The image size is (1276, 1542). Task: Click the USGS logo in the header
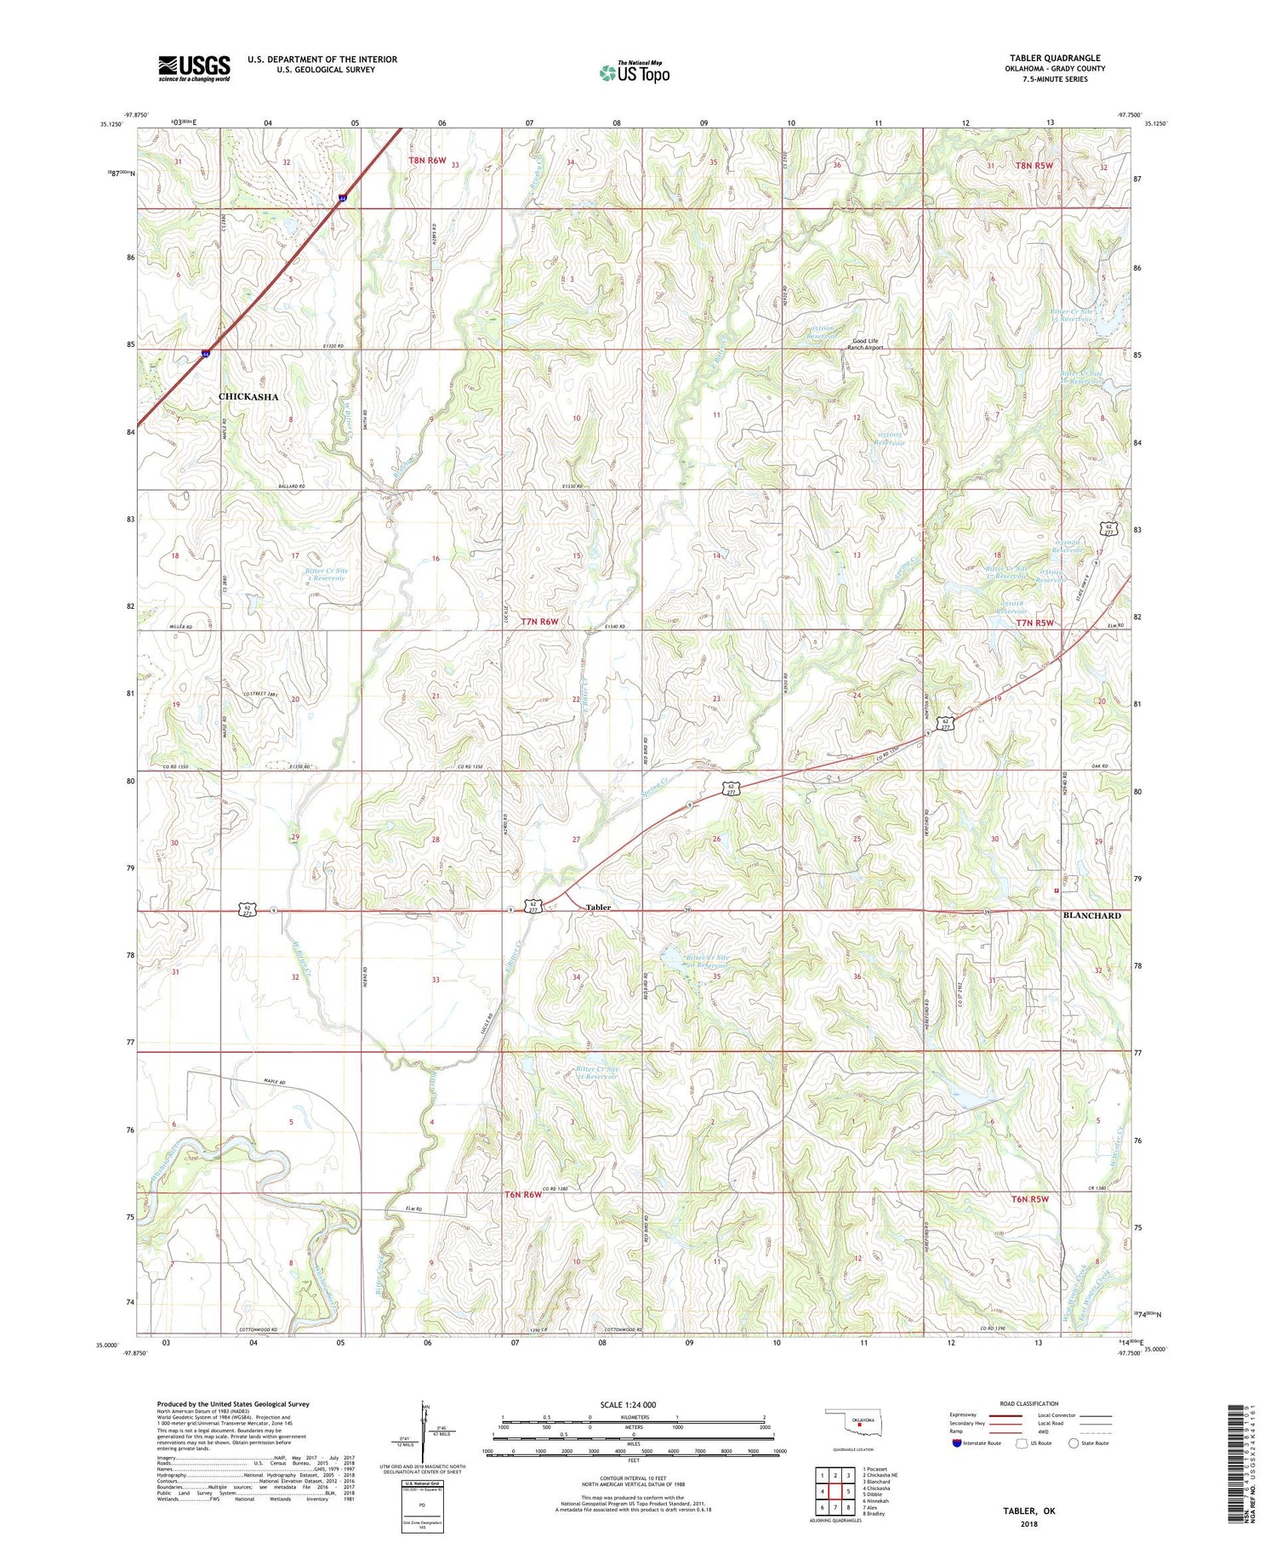click(x=194, y=68)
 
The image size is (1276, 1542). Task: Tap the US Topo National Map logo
click(x=635, y=72)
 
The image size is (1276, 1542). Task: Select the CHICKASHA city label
click(x=248, y=397)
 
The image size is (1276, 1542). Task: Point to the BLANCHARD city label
click(x=1091, y=915)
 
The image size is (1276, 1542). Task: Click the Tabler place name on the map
click(x=598, y=908)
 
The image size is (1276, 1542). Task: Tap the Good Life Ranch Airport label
click(x=865, y=344)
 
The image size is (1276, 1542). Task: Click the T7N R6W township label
click(x=539, y=622)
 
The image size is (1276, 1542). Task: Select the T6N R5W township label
click(x=1029, y=1198)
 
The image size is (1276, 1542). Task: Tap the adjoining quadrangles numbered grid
click(x=835, y=1491)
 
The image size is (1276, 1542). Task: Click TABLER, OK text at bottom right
click(x=1029, y=1511)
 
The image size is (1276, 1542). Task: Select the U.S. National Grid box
click(x=422, y=1506)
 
